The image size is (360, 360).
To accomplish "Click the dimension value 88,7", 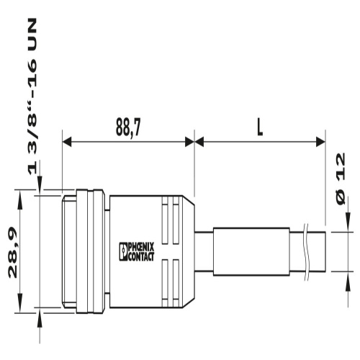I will click(127, 127).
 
